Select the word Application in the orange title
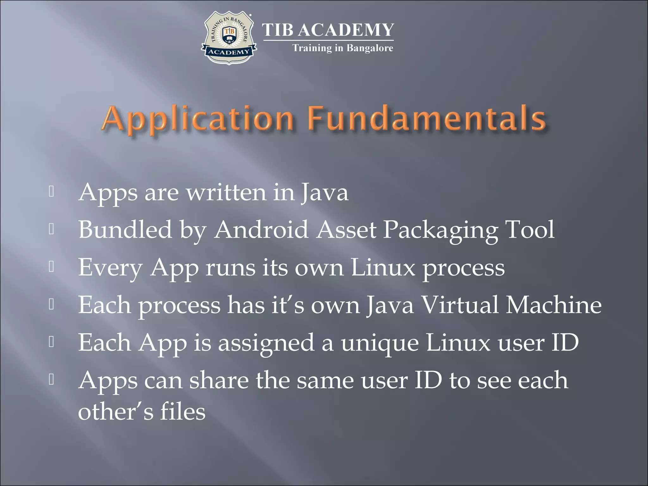(x=198, y=119)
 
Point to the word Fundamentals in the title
(x=427, y=119)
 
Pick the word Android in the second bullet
(x=261, y=229)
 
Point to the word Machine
(x=554, y=305)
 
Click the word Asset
(x=346, y=229)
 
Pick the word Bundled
(x=125, y=229)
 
